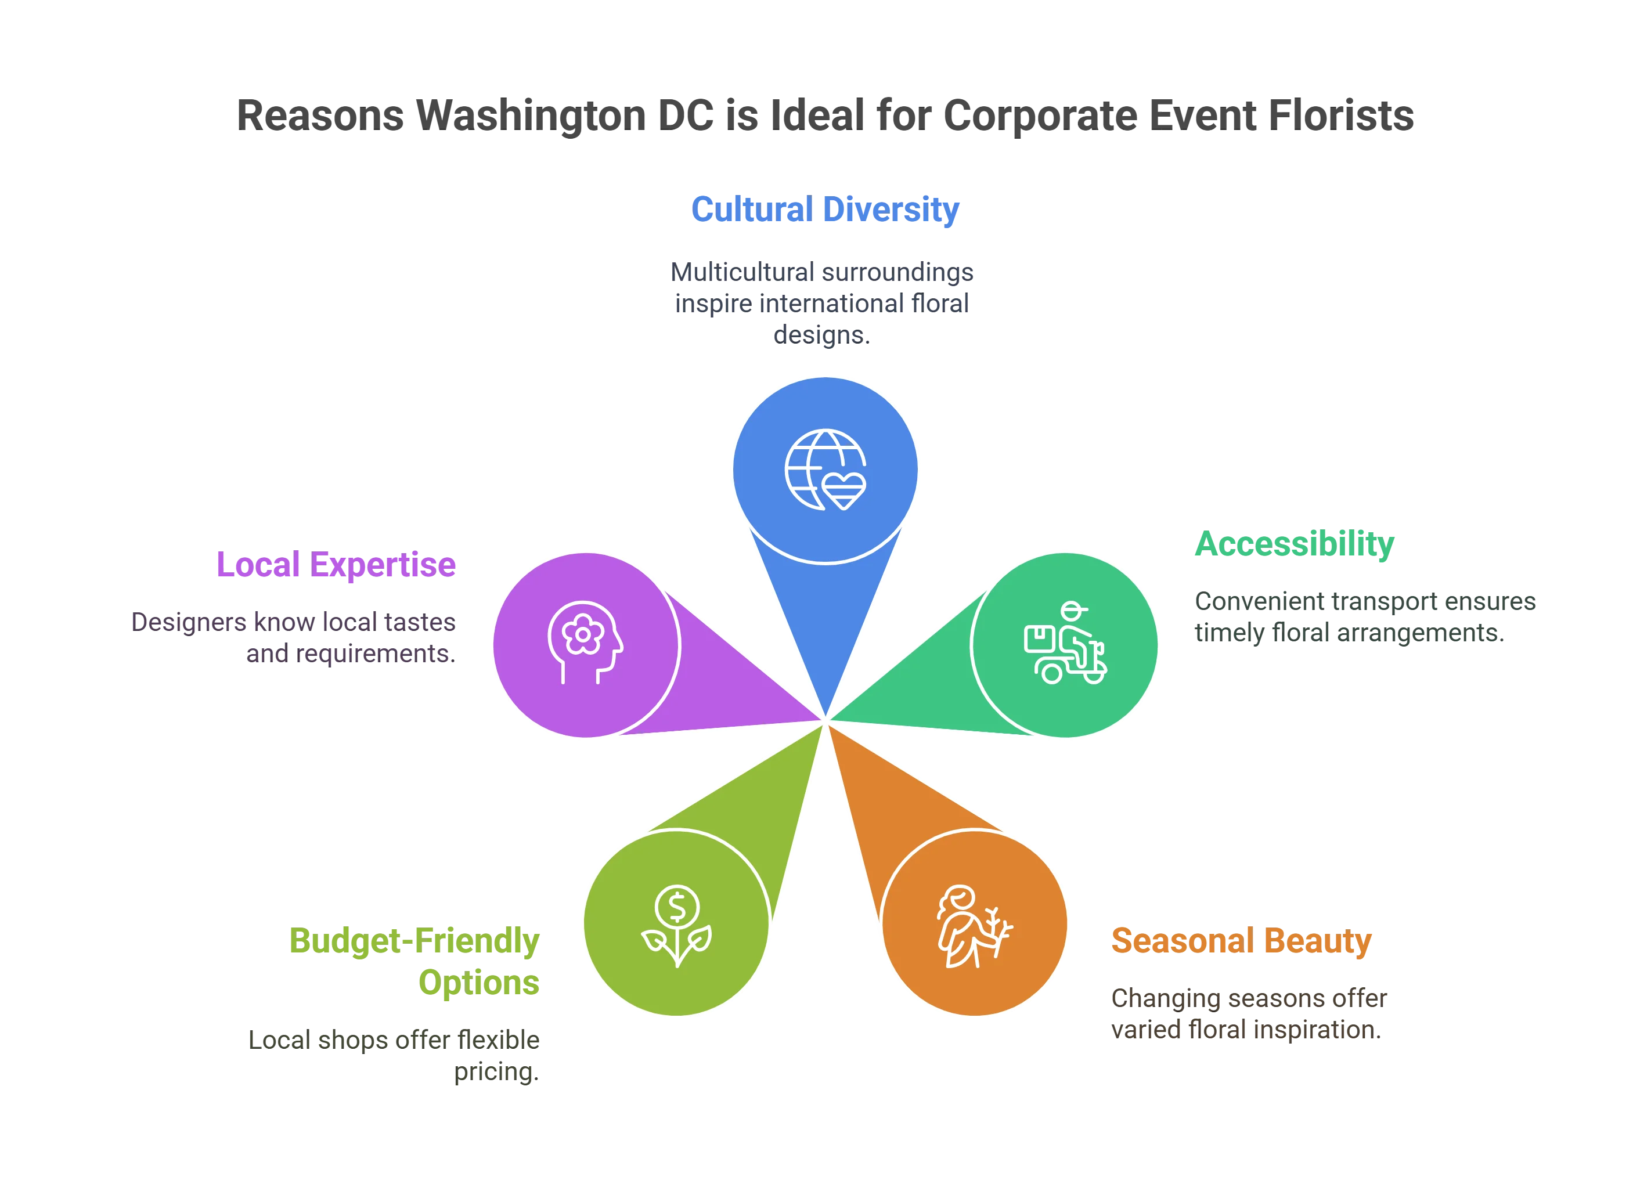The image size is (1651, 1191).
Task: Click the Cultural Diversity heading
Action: [825, 210]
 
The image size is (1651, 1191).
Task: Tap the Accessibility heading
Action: [1295, 544]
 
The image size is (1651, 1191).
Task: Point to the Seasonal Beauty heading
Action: [1241, 941]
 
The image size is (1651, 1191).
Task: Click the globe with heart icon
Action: [825, 470]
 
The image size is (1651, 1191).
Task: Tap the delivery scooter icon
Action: [1065, 643]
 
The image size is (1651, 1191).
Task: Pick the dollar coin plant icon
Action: [676, 925]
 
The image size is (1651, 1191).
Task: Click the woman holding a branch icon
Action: [974, 926]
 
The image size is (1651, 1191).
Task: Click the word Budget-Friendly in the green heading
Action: [413, 941]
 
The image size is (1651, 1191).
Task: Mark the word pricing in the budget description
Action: [497, 1071]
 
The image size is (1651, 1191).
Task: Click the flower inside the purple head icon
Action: [582, 634]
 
